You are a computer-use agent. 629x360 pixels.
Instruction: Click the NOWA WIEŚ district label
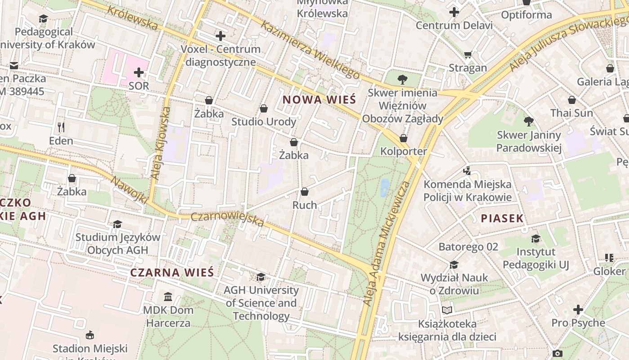tap(319, 99)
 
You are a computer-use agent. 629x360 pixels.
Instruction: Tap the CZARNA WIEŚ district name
tap(172, 272)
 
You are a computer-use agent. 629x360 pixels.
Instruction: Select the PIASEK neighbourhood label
tap(502, 219)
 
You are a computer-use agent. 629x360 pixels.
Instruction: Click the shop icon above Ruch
tap(305, 192)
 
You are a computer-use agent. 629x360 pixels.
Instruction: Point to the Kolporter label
tap(403, 151)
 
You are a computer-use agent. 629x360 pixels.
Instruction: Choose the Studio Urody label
tap(264, 122)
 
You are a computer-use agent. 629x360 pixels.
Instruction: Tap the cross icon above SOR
tap(139, 72)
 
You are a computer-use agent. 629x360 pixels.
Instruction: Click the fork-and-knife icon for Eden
tap(61, 127)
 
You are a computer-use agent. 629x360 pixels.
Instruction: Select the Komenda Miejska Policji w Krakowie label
tap(467, 191)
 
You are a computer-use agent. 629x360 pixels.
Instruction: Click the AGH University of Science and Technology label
tap(261, 303)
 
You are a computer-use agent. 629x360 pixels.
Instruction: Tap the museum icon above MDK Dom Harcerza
tap(168, 297)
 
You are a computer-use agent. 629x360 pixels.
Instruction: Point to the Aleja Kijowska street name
tap(160, 143)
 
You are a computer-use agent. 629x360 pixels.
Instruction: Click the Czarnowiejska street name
tap(227, 219)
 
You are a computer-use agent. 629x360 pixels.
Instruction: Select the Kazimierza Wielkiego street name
tap(310, 49)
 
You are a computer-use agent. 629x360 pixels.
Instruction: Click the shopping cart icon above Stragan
tap(468, 55)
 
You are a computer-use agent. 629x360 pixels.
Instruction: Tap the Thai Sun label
tap(572, 113)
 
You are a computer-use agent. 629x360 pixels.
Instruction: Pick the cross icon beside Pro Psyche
tap(578, 310)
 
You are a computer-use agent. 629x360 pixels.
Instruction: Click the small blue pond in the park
tap(385, 188)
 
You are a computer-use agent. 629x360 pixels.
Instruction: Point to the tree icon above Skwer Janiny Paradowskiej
tap(529, 121)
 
